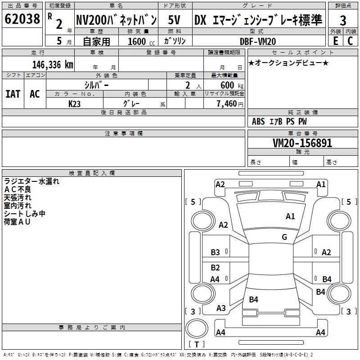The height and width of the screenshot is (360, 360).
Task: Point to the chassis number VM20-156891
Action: coord(302,143)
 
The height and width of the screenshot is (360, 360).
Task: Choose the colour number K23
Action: coord(75,103)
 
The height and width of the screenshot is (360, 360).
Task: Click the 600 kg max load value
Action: coord(230,85)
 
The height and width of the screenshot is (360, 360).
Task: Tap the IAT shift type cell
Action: coord(13,94)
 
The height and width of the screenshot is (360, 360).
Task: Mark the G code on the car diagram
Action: coord(284,237)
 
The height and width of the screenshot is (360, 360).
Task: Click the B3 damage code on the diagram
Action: coord(216,252)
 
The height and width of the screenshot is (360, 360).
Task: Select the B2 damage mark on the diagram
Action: coord(216,268)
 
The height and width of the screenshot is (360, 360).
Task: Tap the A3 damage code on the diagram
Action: coord(221,308)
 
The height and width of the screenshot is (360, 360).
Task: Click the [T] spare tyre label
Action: coord(197,344)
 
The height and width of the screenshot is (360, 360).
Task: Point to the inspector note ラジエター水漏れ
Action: coord(31,182)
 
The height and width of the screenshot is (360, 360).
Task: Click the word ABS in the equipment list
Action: coord(258,121)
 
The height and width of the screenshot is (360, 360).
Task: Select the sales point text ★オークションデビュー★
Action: coord(288,63)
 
